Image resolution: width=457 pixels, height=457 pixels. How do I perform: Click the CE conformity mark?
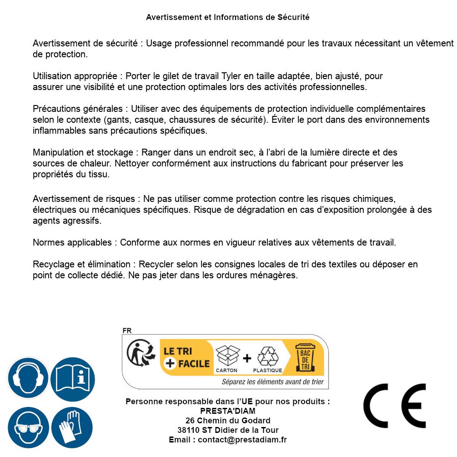(394, 406)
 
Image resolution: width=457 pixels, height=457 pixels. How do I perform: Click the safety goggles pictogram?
(27, 427)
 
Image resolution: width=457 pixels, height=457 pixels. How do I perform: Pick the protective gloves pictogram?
(72, 427)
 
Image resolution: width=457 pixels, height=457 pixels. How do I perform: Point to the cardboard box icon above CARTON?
(227, 356)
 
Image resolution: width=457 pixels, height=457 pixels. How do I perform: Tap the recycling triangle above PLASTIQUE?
(267, 357)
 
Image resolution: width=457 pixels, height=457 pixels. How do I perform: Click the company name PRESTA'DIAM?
(228, 411)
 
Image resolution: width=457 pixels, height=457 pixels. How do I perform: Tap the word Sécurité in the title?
(293, 17)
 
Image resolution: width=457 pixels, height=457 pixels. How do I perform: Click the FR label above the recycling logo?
(127, 331)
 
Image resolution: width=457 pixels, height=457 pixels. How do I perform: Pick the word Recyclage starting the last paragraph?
(52, 265)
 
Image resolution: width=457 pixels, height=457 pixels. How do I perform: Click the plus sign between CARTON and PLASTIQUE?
(247, 358)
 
